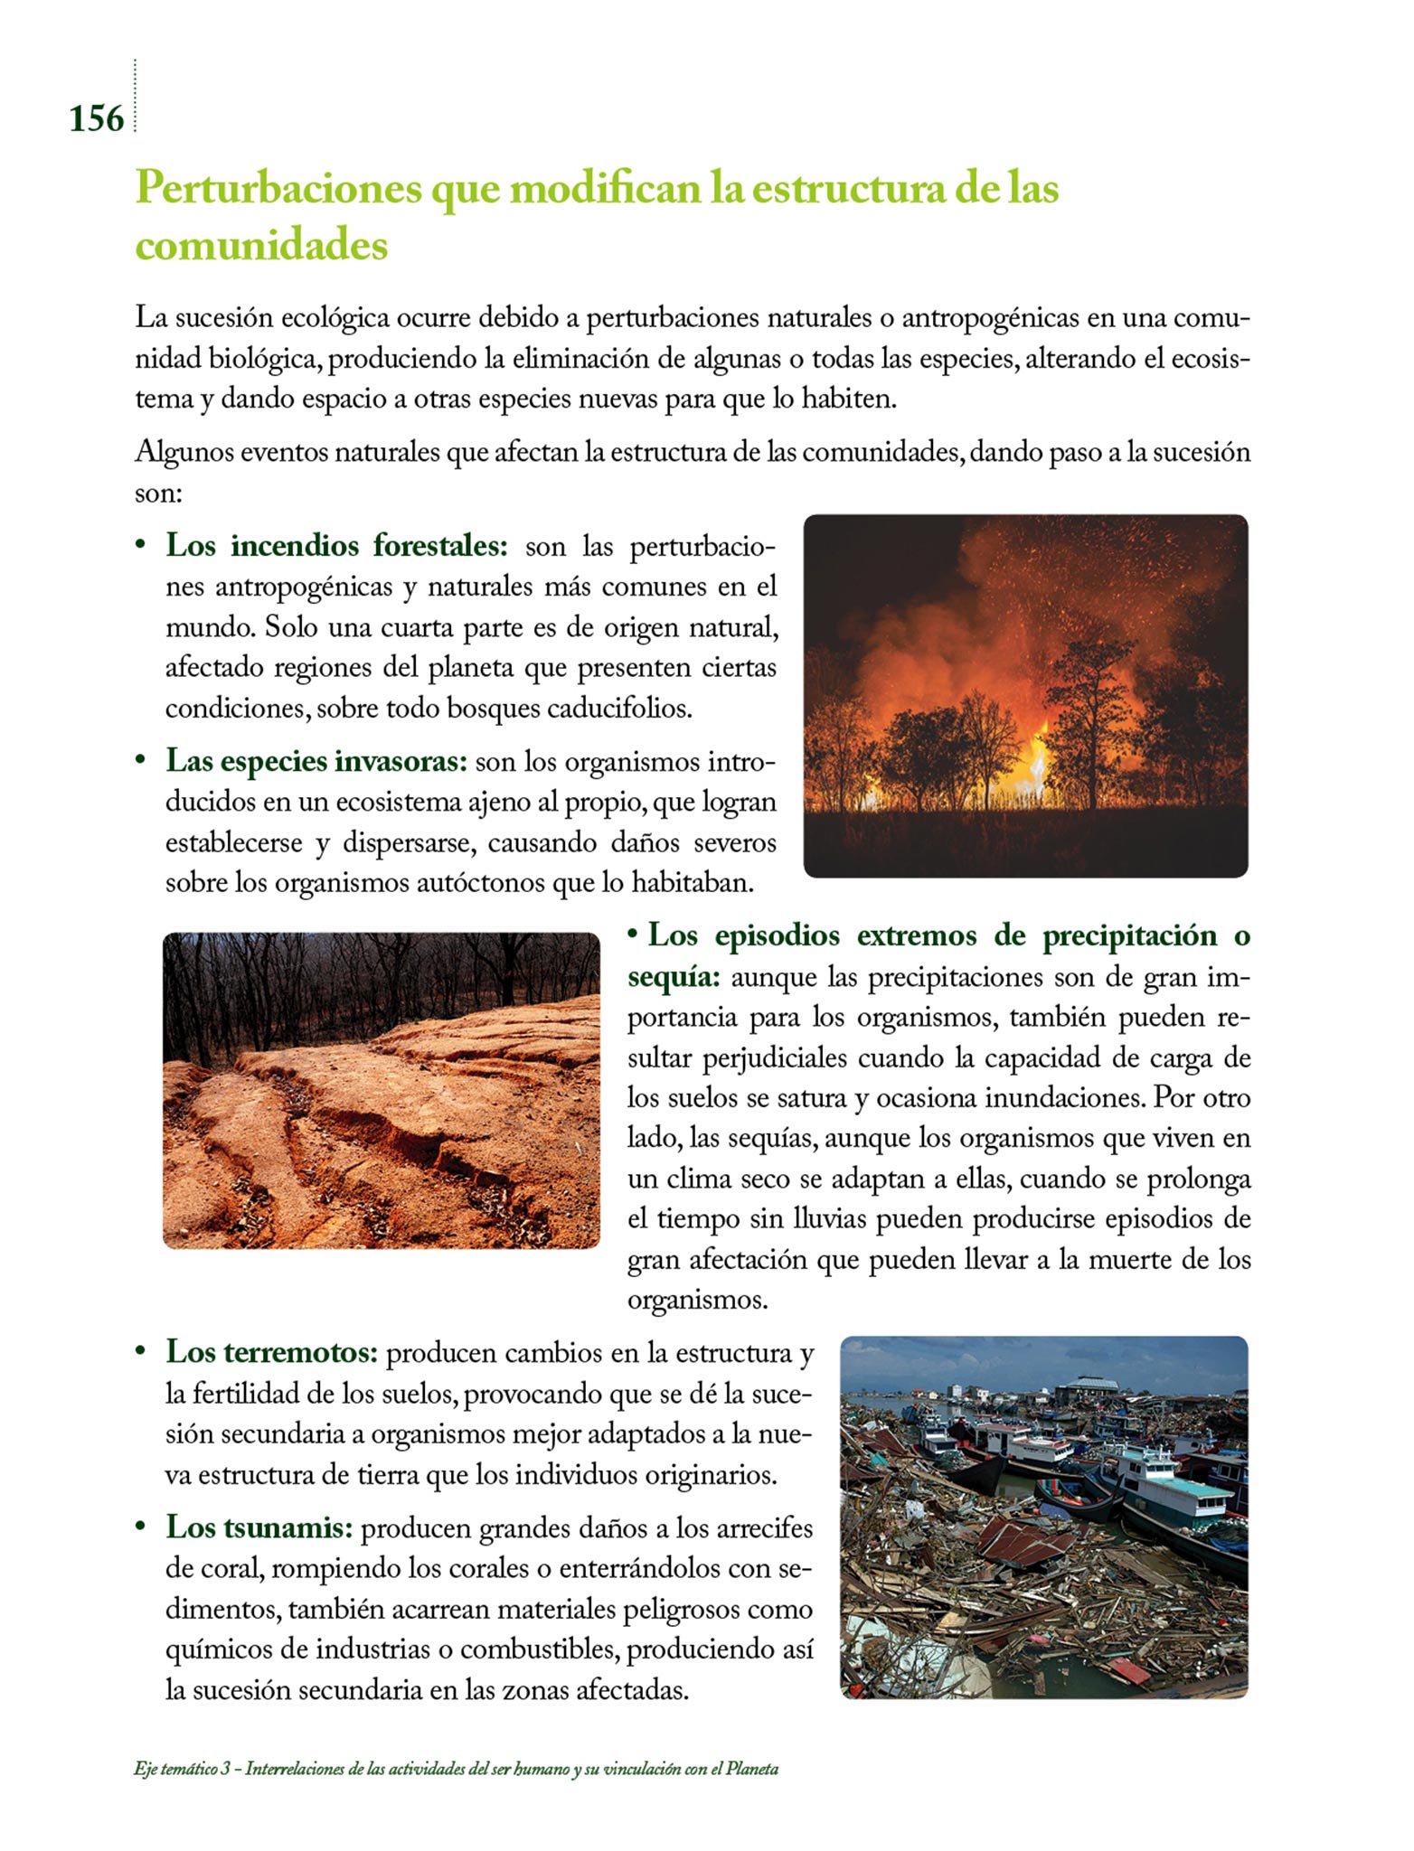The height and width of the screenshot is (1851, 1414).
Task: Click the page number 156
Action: (96, 118)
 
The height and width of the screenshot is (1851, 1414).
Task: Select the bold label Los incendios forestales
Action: (336, 546)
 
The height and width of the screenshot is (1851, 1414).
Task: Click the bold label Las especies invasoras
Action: (316, 761)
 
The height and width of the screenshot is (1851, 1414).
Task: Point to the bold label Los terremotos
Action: (271, 1352)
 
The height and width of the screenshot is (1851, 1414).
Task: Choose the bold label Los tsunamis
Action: (259, 1527)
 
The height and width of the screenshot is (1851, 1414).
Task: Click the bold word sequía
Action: (673, 977)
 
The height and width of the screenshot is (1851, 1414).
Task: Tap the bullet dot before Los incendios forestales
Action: (140, 546)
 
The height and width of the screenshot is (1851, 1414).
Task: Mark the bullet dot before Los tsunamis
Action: (140, 1527)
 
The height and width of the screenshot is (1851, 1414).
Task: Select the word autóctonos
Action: (481, 882)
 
